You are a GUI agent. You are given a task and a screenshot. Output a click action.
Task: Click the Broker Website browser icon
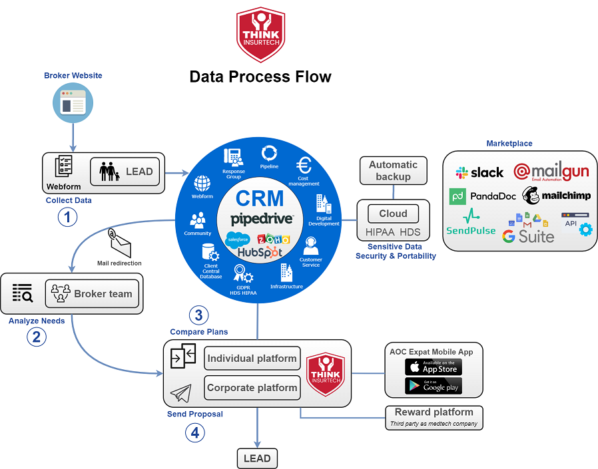coord(73,104)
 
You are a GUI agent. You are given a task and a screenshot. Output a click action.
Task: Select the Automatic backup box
coord(393,171)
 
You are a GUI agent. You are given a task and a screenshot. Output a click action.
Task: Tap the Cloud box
coord(393,214)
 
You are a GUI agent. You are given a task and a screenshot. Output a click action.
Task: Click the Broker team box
coord(93,293)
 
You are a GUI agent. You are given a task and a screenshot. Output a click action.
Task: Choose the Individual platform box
coord(252,359)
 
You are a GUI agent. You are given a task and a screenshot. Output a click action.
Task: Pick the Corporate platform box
coord(252,388)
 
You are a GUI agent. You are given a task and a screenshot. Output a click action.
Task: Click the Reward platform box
coord(434,416)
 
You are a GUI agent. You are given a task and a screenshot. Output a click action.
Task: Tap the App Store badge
coord(433,367)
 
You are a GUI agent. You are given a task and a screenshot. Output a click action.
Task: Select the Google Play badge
coord(433,386)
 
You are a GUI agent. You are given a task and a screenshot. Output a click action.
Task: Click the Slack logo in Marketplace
coord(479,173)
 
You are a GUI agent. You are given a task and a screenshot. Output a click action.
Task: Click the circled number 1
coord(67,218)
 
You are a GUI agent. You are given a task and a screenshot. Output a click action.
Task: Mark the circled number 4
coord(194,433)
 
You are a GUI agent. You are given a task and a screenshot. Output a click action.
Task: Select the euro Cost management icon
coord(304,166)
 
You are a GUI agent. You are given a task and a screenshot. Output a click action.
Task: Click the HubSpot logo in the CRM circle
coord(259,253)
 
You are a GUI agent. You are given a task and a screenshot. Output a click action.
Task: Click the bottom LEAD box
coord(257,458)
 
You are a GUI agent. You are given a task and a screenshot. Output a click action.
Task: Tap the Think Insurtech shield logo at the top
coord(261,35)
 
